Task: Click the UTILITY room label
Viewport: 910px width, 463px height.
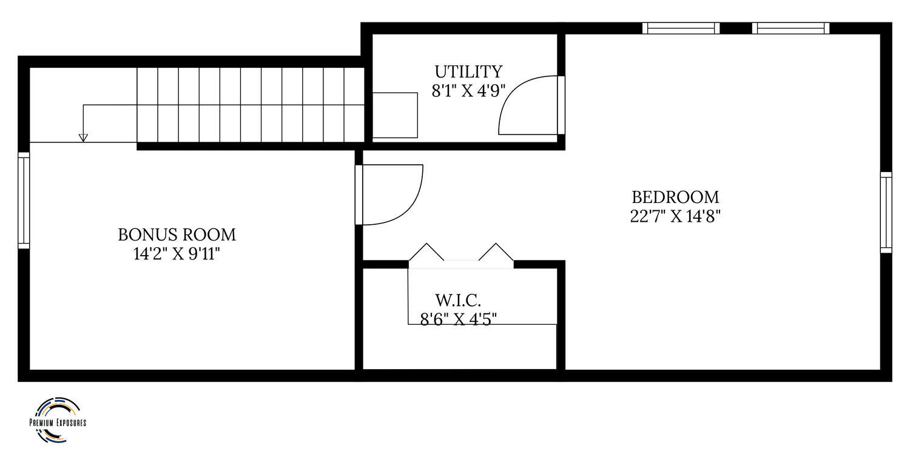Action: coord(468,72)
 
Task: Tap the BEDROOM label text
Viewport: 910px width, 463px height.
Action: coord(675,197)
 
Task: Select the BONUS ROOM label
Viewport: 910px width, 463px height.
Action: coord(177,235)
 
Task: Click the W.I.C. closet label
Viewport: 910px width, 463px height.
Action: coord(458,301)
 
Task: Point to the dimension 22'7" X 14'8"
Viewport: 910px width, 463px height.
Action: coord(675,216)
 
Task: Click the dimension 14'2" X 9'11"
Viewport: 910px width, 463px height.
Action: coord(177,254)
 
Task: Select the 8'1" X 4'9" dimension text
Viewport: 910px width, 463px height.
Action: coord(468,91)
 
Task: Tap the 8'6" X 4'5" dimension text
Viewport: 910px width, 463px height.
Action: coord(458,319)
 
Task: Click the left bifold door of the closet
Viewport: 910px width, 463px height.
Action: coord(426,252)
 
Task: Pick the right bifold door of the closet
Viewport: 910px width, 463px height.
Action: coord(496,252)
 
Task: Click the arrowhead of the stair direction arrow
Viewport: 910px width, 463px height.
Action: coord(83,138)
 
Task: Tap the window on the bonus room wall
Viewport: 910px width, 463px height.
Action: coord(24,201)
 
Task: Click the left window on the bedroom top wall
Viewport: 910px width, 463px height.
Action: coord(681,28)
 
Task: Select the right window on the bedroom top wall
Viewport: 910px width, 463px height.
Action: coord(790,28)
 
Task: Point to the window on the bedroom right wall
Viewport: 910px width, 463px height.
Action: coord(886,212)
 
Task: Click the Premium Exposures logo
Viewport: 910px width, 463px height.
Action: coord(58,421)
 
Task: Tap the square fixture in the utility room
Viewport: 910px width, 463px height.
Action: coord(395,115)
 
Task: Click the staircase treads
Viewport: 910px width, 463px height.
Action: coord(251,105)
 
